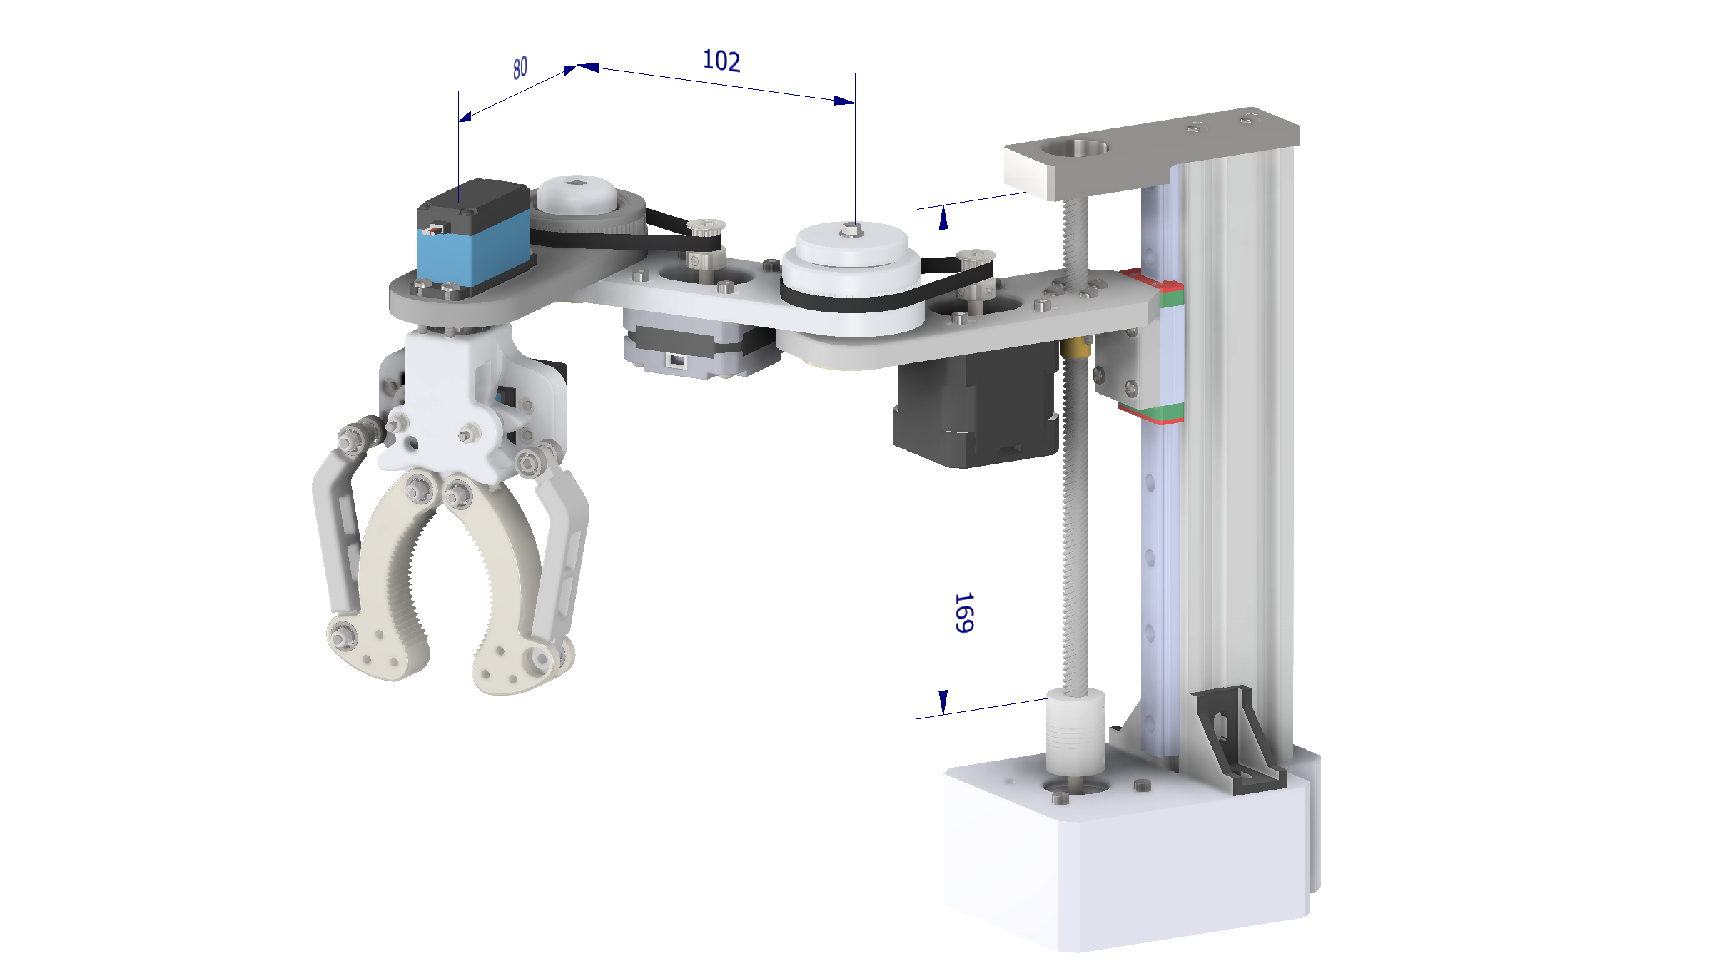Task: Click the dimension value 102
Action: [721, 61]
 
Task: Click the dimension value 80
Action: [520, 68]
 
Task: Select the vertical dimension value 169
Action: [963, 612]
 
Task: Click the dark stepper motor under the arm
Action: [974, 410]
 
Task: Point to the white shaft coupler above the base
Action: [1074, 731]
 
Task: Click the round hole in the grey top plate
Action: [1074, 149]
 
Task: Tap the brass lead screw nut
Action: [1075, 348]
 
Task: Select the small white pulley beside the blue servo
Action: [575, 196]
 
